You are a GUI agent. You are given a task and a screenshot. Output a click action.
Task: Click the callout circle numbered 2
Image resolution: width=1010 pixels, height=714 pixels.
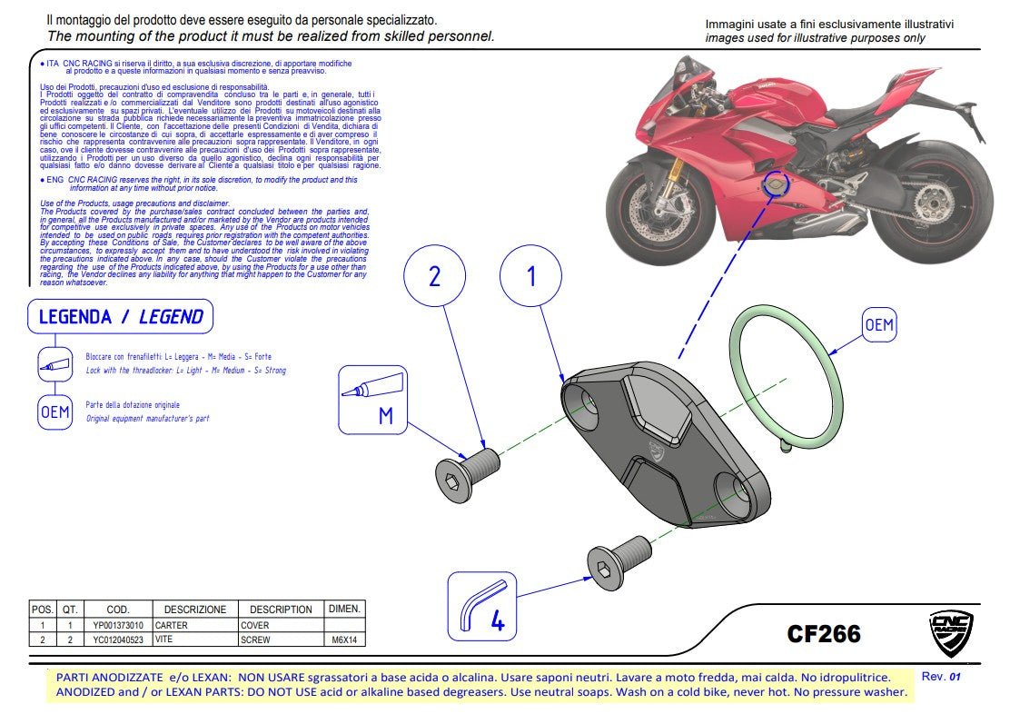(x=434, y=276)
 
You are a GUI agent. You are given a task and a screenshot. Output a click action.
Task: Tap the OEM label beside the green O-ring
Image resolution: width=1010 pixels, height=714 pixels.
(x=879, y=324)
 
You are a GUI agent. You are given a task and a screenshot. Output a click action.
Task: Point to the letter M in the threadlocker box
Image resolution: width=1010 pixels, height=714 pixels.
(x=385, y=416)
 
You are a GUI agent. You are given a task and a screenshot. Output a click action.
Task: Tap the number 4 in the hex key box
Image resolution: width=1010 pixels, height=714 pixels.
(x=498, y=622)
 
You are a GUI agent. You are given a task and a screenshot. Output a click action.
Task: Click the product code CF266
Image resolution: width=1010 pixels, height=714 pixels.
(x=823, y=633)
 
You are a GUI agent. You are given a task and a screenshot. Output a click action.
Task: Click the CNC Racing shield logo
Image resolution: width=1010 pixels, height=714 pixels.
(x=951, y=634)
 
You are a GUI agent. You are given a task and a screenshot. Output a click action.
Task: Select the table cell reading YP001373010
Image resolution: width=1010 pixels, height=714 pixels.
(x=117, y=625)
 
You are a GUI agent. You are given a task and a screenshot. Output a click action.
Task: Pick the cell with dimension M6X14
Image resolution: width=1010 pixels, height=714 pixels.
(x=344, y=640)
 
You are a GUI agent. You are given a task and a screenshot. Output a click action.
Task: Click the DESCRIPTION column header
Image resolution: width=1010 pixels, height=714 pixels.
(x=281, y=609)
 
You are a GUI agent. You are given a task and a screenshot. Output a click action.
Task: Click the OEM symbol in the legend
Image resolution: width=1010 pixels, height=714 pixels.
(x=54, y=412)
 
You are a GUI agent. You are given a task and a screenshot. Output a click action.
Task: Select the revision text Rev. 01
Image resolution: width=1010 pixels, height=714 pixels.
(x=941, y=677)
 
